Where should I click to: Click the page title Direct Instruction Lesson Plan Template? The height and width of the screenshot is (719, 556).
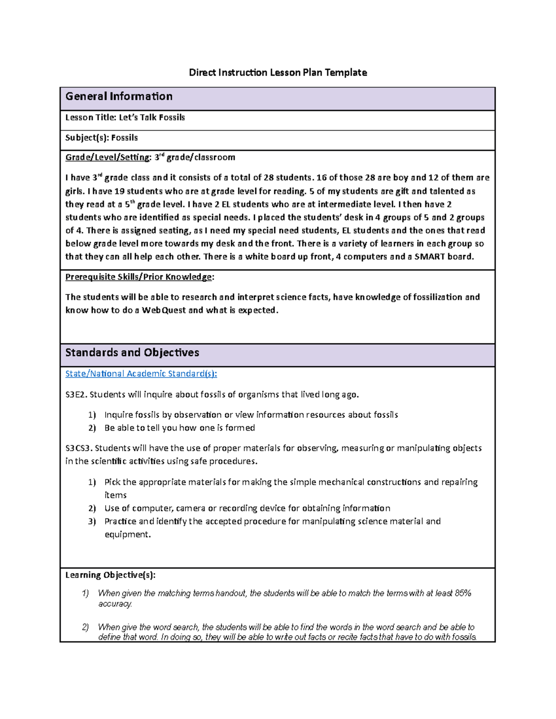278,72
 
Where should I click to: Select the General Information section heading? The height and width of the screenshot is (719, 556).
119,96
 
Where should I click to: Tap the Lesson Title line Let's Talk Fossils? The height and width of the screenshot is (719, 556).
125,118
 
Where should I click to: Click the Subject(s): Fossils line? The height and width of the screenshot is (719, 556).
101,138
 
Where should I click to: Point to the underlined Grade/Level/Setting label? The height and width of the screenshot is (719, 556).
107,157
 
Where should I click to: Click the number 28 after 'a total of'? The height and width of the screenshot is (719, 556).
269,178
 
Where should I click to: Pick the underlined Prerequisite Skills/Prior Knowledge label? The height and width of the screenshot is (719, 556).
139,277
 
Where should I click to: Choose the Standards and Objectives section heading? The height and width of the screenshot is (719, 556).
132,353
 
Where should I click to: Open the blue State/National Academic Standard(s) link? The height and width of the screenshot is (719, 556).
141,374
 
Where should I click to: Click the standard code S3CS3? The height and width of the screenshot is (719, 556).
79,448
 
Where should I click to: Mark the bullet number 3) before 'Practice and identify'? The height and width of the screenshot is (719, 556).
92,521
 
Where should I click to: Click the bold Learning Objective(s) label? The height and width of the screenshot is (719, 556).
110,575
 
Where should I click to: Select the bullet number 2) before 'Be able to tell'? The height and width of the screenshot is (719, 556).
92,428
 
